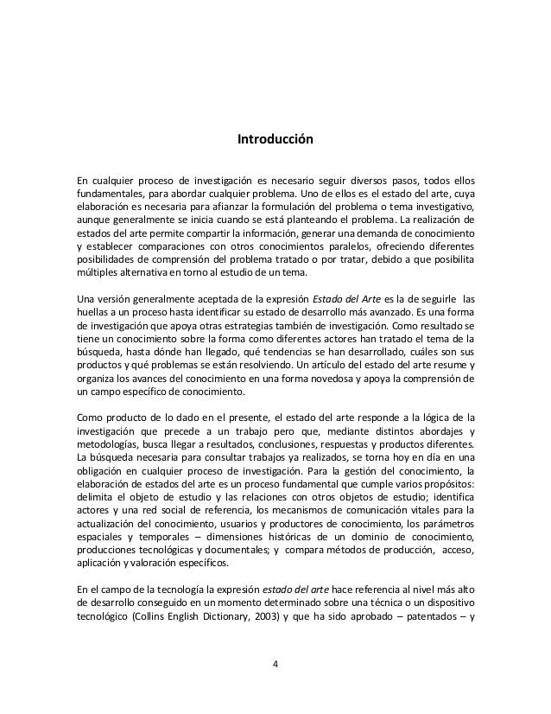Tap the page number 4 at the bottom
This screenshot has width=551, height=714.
[275, 664]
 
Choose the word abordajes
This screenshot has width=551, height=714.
[439, 432]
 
